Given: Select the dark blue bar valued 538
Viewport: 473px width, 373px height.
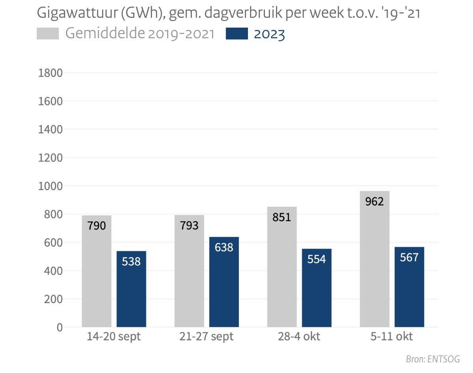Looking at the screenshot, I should click(131, 292).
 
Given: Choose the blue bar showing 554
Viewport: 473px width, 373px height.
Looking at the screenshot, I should click(317, 292).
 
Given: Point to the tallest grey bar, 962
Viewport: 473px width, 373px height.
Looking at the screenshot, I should click(375, 260).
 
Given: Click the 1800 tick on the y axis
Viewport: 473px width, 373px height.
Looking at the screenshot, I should click(50, 73).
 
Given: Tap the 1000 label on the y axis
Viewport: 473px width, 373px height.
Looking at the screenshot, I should click(50, 186).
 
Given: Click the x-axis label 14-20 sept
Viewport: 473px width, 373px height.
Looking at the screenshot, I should click(114, 337).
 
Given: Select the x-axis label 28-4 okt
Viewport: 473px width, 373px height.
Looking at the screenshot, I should click(299, 337).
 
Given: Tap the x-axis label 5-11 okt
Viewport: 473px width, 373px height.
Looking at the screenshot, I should click(392, 337).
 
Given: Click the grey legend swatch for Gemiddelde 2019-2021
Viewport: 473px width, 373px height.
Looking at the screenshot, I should click(47, 34).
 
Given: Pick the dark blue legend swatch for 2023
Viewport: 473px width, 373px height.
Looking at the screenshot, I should click(236, 34).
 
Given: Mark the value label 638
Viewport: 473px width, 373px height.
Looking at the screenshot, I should click(224, 247).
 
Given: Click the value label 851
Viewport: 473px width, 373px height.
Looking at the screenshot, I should click(282, 217).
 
